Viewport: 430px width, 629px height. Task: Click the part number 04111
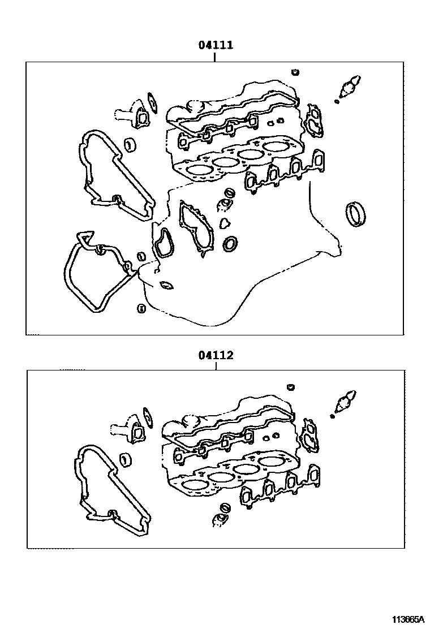[216, 45]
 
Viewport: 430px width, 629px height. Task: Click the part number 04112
[216, 355]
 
